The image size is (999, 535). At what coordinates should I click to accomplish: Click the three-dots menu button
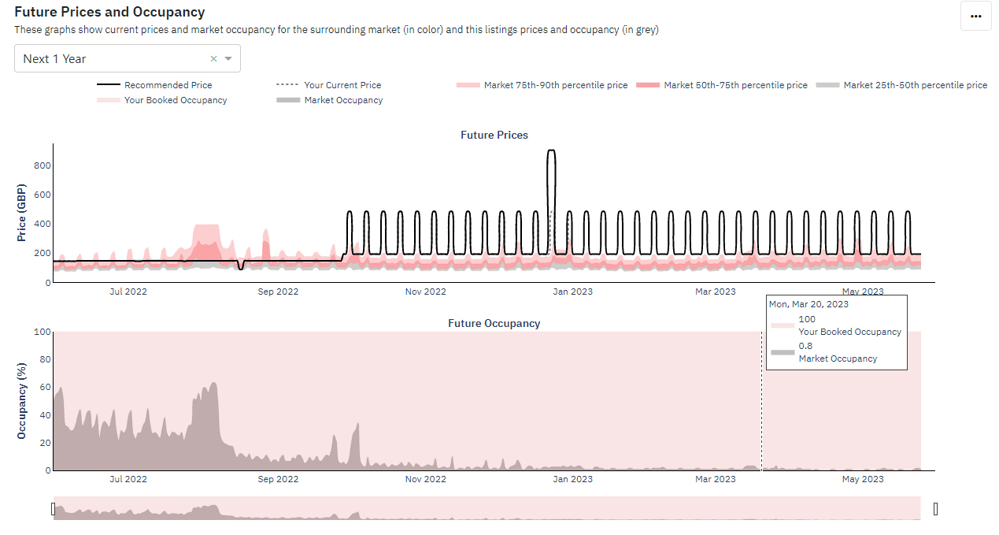pos(975,16)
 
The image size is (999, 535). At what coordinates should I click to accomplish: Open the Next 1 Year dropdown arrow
pos(228,59)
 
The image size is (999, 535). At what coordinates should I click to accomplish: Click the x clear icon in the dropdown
pos(213,59)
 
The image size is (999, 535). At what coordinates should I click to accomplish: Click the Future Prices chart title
pos(494,135)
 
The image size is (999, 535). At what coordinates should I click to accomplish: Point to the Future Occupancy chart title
pos(494,323)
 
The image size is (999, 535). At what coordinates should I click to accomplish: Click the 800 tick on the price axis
pos(42,165)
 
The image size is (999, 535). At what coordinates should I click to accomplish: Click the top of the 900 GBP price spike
pos(551,150)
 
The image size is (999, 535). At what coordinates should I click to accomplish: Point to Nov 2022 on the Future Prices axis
pos(425,292)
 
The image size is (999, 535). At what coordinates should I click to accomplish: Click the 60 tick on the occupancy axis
pos(46,388)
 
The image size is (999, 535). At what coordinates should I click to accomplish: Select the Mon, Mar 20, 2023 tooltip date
pos(808,304)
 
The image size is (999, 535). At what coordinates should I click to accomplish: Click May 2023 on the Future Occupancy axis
pos(862,479)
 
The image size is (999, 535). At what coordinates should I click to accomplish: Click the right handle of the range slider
pos(935,509)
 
